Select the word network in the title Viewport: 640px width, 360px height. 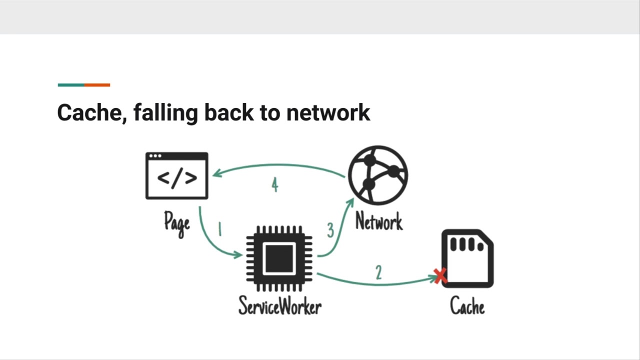click(328, 113)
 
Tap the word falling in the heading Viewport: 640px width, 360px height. click(165, 113)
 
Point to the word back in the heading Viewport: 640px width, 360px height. click(229, 112)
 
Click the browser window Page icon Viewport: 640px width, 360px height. click(177, 175)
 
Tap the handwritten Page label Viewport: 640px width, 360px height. click(177, 224)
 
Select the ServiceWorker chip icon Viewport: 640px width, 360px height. click(279, 258)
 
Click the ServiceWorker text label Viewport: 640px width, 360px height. click(280, 305)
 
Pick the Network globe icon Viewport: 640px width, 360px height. click(378, 175)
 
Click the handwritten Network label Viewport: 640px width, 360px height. click(379, 221)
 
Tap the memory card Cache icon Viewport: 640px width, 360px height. click(467, 258)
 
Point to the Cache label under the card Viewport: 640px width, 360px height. click(467, 305)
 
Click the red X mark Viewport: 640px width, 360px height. click(440, 276)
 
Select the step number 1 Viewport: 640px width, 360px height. click(219, 229)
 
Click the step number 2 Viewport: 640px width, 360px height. click(378, 272)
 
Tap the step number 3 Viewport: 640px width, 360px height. click(330, 230)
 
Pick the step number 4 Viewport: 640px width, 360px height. click(275, 184)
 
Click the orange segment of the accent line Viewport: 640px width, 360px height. click(97, 85)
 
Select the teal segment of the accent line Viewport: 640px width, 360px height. click(71, 85)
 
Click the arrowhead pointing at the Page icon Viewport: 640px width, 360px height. click(217, 173)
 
